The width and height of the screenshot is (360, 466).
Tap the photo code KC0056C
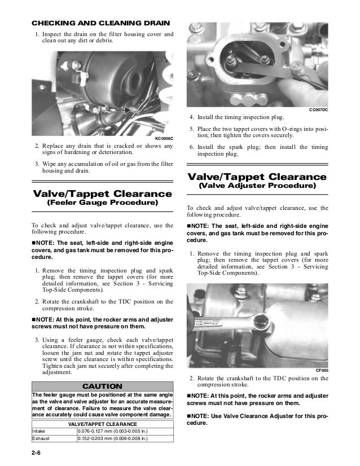[164, 138]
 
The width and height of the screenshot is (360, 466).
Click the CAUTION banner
[102, 386]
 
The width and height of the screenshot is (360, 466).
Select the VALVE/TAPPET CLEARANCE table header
[102, 423]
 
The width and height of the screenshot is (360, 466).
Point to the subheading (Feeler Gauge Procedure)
[102, 202]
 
